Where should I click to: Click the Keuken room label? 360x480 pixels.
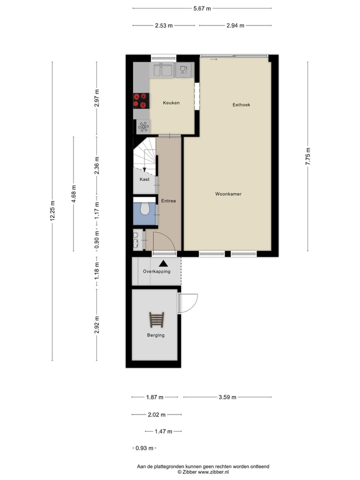[x=171, y=103]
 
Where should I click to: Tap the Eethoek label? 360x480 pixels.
[x=241, y=105]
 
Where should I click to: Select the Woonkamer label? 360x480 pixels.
[x=228, y=194]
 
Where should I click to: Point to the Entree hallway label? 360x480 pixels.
[x=168, y=201]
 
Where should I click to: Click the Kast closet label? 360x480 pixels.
[x=144, y=179]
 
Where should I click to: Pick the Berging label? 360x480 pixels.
[x=155, y=335]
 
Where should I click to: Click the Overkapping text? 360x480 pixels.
[x=156, y=271]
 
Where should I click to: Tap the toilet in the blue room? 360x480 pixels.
[x=144, y=209]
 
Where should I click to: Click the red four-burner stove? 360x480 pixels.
[x=140, y=100]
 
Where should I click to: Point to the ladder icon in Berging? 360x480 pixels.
[x=156, y=319]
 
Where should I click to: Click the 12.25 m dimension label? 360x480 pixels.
[x=52, y=210]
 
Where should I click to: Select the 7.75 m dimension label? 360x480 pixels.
[x=308, y=156]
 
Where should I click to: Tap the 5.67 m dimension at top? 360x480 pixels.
[x=202, y=8]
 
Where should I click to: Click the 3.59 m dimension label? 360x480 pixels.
[x=227, y=397]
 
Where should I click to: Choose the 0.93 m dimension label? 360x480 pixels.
[x=145, y=448]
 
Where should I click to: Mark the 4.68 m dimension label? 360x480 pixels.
[x=73, y=193]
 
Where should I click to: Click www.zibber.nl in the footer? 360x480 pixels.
[x=213, y=471]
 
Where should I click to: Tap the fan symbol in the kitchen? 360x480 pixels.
[x=143, y=126]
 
